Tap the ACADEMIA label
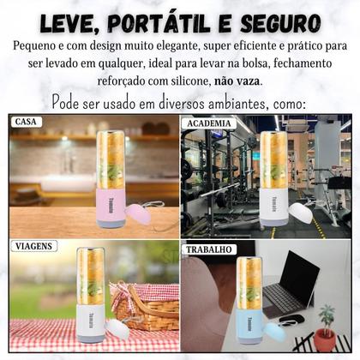pyautogui.click(x=208, y=123)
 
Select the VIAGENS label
pyautogui.click(x=35, y=246)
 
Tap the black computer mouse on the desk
pyautogui.click(x=291, y=320)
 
